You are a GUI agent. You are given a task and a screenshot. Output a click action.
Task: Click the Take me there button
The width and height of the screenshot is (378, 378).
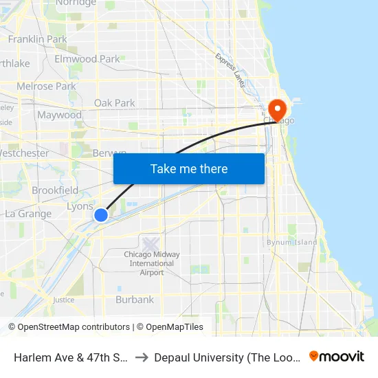(189, 168)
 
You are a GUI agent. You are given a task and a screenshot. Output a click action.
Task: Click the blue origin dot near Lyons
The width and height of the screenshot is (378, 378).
(101, 215)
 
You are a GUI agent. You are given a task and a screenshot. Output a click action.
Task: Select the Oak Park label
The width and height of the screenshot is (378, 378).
(115, 103)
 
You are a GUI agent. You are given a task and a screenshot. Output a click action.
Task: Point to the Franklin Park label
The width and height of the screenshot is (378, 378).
(38, 39)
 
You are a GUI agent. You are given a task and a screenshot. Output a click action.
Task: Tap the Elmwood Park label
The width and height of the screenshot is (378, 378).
(87, 59)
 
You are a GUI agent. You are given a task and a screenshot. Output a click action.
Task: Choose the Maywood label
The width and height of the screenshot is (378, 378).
(60, 115)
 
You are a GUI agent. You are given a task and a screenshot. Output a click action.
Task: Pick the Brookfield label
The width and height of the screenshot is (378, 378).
(55, 190)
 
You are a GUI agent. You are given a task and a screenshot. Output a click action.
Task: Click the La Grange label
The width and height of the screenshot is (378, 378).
(28, 214)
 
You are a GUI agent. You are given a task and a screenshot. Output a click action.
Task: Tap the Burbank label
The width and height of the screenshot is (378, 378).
(135, 300)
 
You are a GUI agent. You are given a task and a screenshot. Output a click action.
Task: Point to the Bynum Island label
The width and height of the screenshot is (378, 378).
(292, 242)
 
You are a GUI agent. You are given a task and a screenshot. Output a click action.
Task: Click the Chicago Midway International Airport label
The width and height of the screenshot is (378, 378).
(152, 263)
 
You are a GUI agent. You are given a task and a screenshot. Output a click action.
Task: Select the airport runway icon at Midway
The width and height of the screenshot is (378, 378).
(151, 243)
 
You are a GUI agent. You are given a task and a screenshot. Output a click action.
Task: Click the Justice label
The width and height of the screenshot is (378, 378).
(63, 300)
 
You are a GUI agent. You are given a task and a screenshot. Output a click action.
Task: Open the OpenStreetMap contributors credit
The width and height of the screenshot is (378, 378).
(73, 327)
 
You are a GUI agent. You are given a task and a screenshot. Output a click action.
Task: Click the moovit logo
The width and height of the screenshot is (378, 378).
(337, 357)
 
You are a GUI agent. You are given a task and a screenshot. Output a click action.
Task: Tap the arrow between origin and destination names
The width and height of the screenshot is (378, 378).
(140, 357)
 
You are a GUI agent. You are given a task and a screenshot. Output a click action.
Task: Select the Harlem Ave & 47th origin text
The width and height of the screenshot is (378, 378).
(68, 357)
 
